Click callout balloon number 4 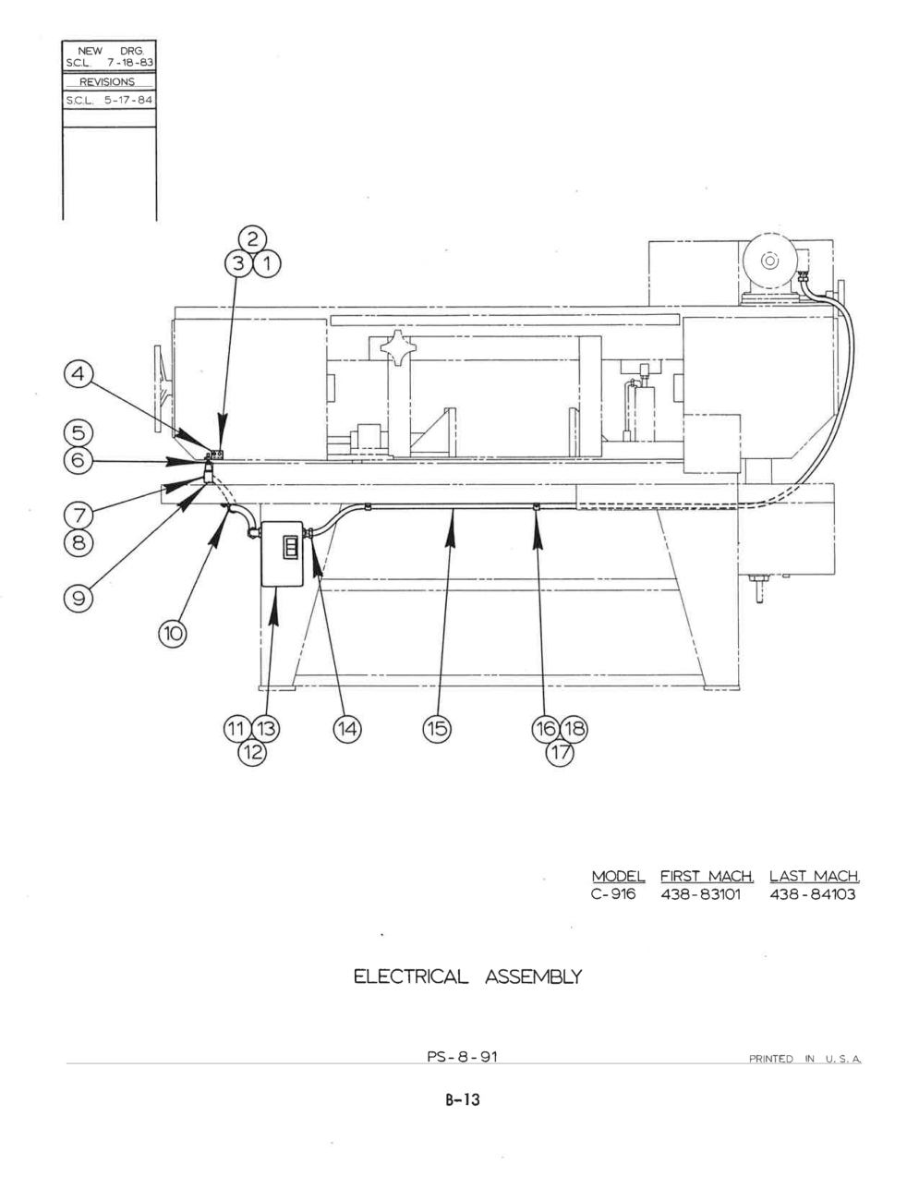(79, 374)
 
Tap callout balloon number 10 (173, 634)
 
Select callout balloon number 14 (347, 729)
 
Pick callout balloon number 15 (437, 729)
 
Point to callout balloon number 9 (79, 599)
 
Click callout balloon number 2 (253, 239)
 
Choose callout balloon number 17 (560, 752)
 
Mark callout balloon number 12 (252, 752)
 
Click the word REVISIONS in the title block (107, 82)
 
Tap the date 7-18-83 (130, 63)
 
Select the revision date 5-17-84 (128, 101)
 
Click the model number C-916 (614, 893)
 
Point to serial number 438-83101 (701, 893)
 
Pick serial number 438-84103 (813, 893)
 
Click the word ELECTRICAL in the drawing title (411, 977)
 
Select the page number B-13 (463, 1099)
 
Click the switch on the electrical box (290, 547)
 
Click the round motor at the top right (769, 261)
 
